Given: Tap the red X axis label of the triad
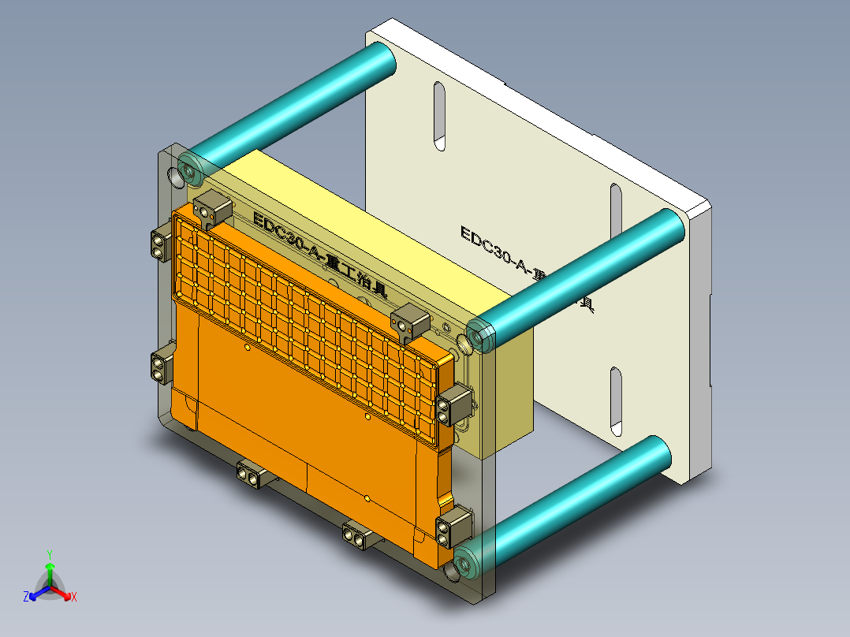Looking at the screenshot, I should coord(73,598).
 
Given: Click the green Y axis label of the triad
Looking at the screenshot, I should coord(49,554).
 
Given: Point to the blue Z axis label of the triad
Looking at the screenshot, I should coord(26,598).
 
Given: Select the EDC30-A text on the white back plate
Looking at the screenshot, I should coord(497,249).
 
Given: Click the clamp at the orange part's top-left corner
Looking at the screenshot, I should coord(212,210).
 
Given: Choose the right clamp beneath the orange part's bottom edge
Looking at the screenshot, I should coord(358,537).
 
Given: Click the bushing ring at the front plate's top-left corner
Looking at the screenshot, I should coord(189,169).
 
